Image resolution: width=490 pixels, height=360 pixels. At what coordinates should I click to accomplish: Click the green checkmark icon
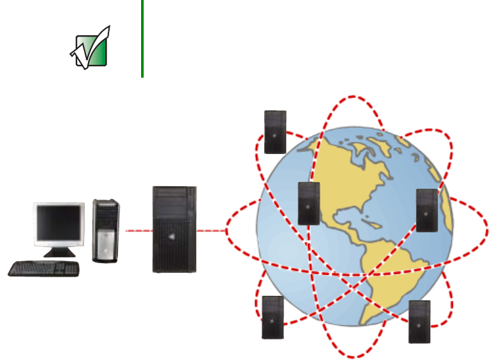90,48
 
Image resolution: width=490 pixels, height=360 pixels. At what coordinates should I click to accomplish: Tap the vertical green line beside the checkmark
142,39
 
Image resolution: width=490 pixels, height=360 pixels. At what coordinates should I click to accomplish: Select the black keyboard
44,268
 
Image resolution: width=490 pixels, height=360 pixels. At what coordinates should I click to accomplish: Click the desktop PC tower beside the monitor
106,230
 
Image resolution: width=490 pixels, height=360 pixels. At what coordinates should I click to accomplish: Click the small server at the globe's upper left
275,132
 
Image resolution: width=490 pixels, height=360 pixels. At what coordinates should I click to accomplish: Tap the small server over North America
308,203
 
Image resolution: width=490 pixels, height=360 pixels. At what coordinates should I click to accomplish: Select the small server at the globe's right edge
427,210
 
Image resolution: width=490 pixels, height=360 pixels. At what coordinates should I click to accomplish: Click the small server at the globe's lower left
273,317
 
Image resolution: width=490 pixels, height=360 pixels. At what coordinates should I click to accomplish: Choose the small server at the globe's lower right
419,321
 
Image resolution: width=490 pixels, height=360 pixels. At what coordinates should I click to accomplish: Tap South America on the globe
391,270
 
